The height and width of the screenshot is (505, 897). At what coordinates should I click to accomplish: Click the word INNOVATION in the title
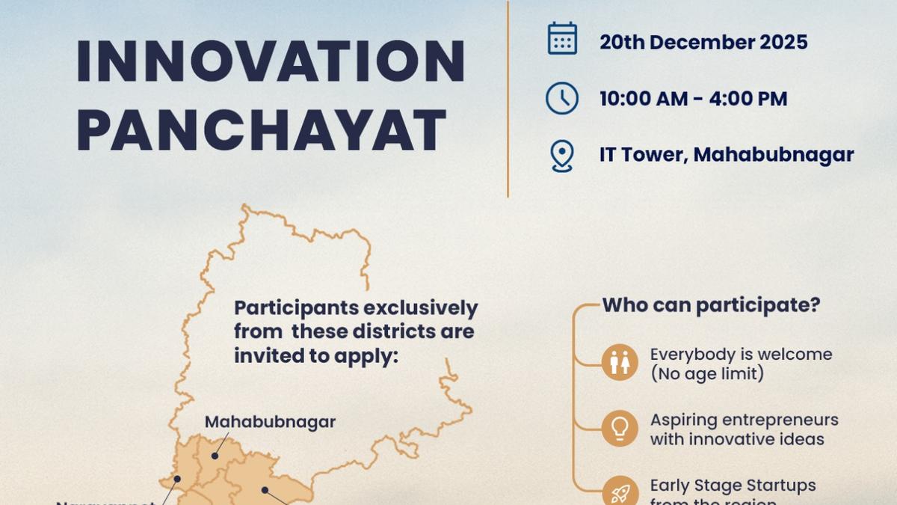click(271, 61)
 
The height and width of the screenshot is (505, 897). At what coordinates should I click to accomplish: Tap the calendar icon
click(562, 38)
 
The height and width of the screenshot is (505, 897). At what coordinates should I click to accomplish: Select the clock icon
click(561, 98)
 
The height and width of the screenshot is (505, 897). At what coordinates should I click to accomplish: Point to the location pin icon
click(561, 156)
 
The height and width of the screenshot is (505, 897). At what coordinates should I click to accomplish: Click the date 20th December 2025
click(703, 42)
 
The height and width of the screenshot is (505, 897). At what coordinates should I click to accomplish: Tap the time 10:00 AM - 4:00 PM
click(693, 99)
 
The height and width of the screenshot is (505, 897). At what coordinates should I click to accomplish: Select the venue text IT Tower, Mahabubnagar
click(726, 155)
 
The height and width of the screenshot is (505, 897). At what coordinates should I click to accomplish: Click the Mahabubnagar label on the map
click(270, 422)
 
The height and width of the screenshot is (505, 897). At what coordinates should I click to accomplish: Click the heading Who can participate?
click(711, 305)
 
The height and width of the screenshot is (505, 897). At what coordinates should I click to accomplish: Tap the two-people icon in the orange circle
click(620, 362)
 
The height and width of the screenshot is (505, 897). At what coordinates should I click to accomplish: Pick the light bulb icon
click(620, 429)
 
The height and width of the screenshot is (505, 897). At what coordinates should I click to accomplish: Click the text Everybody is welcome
click(741, 355)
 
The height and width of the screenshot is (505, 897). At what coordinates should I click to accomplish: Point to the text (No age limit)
click(706, 373)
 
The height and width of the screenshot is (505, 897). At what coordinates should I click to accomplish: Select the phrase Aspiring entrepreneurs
click(744, 420)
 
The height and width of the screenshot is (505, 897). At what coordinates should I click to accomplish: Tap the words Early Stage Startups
click(733, 486)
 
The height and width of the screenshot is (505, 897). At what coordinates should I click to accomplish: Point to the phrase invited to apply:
click(316, 355)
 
